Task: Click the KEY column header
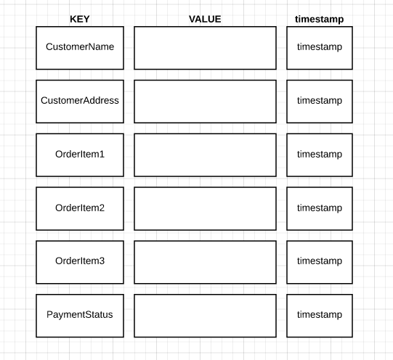click(x=80, y=20)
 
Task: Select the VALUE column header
click(x=205, y=20)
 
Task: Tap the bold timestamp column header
click(x=320, y=20)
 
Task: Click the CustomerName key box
click(x=80, y=48)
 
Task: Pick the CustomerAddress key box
click(x=80, y=102)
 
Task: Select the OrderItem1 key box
click(x=80, y=155)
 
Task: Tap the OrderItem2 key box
click(x=80, y=208)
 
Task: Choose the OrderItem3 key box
click(x=80, y=262)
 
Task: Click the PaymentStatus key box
click(x=80, y=316)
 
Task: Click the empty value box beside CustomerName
click(x=206, y=48)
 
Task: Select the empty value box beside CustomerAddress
click(x=206, y=102)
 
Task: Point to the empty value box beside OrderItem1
click(x=206, y=155)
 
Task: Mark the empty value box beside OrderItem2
click(x=206, y=208)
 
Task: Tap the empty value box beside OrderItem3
click(x=206, y=262)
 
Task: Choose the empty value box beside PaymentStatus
click(x=206, y=316)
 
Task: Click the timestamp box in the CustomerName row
click(x=320, y=48)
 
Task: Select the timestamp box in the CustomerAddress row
click(x=320, y=102)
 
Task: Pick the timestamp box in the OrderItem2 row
click(x=320, y=208)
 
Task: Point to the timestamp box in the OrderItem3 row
click(x=320, y=262)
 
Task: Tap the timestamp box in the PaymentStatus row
click(x=320, y=316)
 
